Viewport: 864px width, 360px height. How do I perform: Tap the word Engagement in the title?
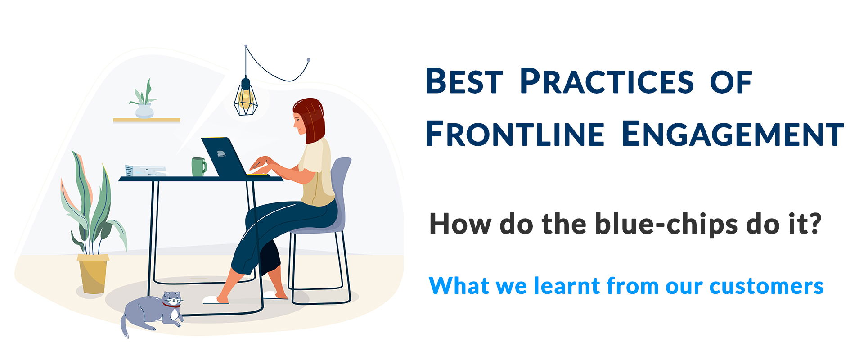pyautogui.click(x=732, y=134)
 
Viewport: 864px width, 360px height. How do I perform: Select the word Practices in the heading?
pyautogui.click(x=606, y=81)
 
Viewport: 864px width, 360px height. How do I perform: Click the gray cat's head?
pyautogui.click(x=172, y=299)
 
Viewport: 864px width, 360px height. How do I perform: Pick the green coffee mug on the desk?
pyautogui.click(x=198, y=166)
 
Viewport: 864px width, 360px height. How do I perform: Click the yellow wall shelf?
pyautogui.click(x=147, y=120)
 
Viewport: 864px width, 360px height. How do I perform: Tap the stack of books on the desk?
pyautogui.click(x=145, y=171)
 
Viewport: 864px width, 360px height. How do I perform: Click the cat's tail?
pyautogui.click(x=124, y=327)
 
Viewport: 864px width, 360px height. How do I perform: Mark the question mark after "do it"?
pyautogui.click(x=814, y=224)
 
